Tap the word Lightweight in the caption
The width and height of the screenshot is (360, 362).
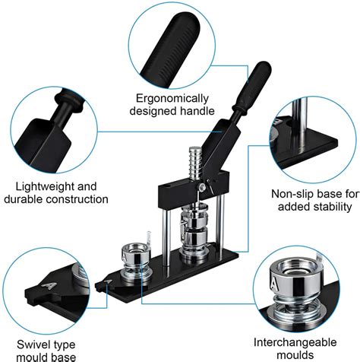pyautogui.click(x=36, y=186)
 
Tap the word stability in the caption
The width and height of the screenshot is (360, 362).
pyautogui.click(x=331, y=206)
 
